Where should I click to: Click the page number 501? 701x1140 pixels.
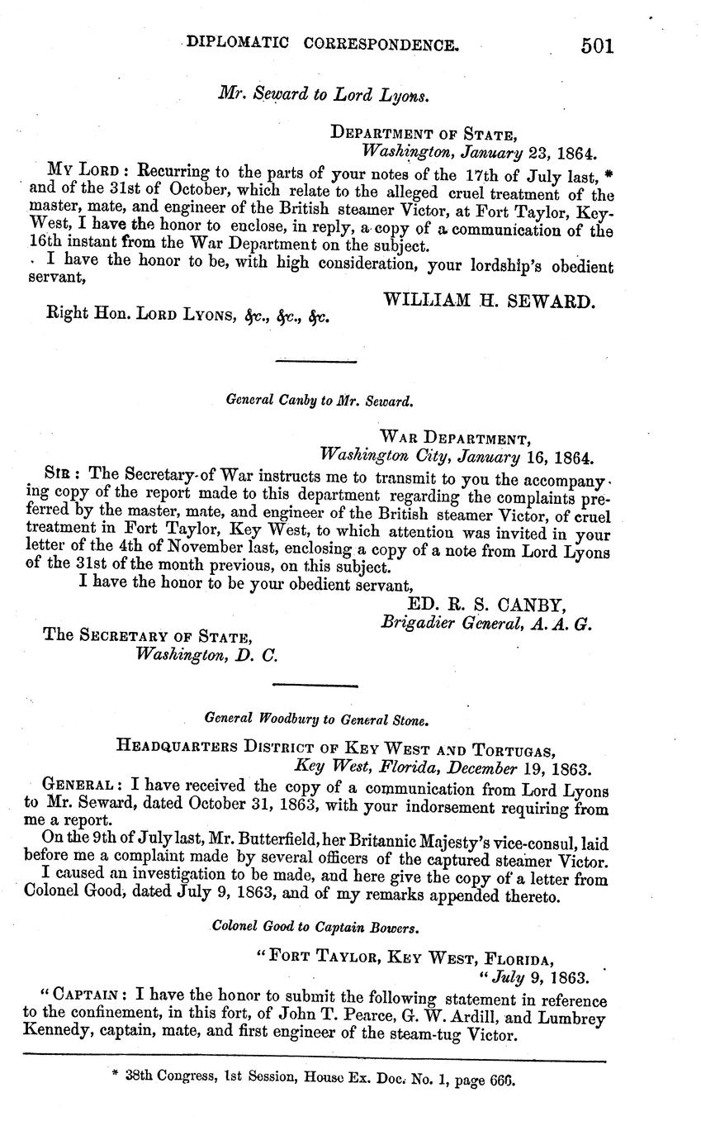coord(597,45)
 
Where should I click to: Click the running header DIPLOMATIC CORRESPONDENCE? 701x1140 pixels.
coord(323,44)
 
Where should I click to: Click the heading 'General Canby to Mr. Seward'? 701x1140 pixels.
coord(319,401)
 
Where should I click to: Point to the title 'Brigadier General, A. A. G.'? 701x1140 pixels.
coord(486,625)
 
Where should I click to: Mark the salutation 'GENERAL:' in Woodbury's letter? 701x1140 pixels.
coord(83,781)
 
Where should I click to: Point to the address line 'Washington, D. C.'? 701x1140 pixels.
coord(206,655)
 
